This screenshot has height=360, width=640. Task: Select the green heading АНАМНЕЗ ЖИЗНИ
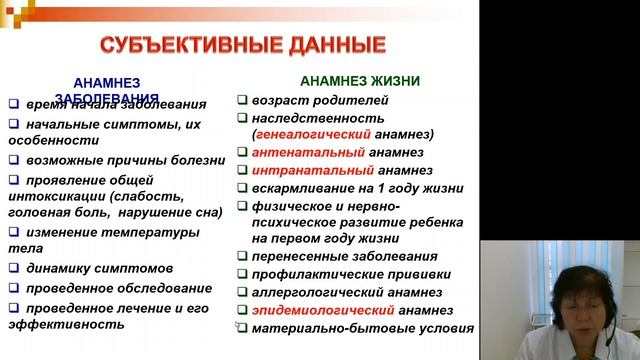click(359, 81)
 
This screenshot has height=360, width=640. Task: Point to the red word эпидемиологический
click(317, 309)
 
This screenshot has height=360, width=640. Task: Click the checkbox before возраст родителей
click(243, 100)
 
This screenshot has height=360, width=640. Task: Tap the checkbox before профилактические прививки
click(243, 273)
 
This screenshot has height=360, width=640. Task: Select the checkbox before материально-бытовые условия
click(243, 328)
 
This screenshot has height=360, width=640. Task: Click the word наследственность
click(311, 118)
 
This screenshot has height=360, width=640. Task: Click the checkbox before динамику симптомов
click(13, 268)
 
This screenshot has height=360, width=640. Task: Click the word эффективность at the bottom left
click(51, 324)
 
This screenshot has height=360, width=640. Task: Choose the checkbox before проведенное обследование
click(13, 288)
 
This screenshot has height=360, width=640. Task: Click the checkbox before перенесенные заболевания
click(243, 255)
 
